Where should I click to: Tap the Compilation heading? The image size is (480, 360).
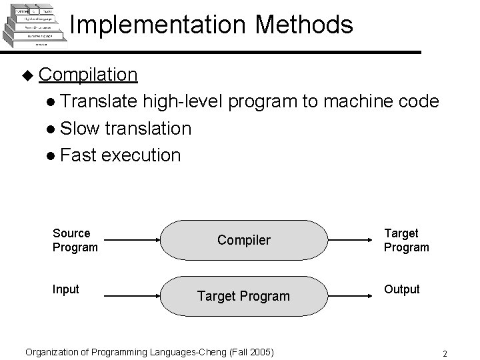tap(88, 74)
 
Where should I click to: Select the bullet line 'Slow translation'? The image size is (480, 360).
tap(125, 128)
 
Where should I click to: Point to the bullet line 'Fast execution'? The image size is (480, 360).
tap(119, 155)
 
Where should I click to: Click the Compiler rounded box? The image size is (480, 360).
tap(245, 240)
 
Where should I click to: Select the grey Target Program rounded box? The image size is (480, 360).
tap(245, 295)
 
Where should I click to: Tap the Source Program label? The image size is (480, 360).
tap(75, 240)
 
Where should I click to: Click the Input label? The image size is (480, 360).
tap(65, 289)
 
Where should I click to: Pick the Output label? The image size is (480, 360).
tap(401, 289)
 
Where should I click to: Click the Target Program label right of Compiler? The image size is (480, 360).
tap(406, 240)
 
